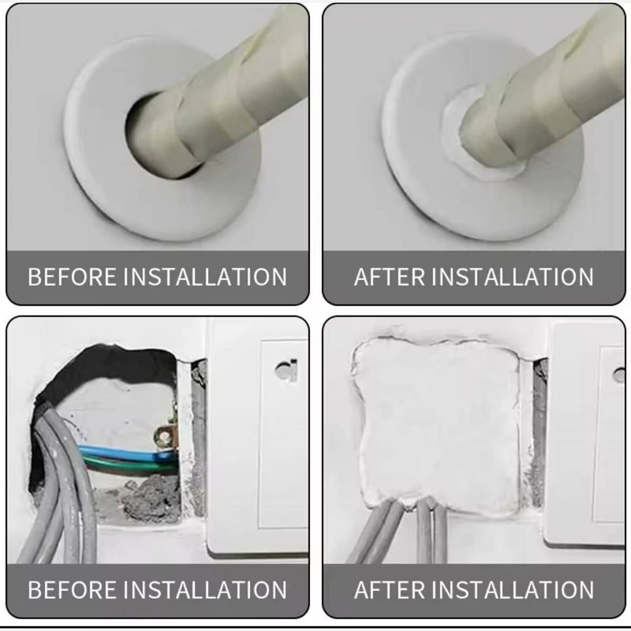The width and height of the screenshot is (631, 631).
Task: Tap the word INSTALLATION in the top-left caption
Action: (205, 277)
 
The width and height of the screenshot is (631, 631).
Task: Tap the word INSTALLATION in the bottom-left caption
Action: (205, 589)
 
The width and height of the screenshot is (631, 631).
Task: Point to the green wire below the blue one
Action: (129, 464)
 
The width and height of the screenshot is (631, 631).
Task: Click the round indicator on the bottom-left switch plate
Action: (286, 370)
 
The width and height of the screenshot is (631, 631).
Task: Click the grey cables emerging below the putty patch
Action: (406, 531)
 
